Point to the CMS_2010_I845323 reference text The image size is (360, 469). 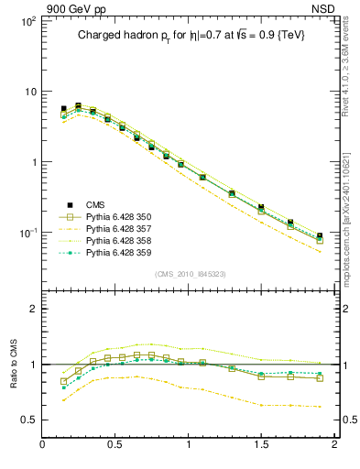coord(191,274)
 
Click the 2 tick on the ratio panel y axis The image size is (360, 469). coord(31,309)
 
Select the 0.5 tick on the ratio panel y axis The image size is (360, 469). coord(27,420)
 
